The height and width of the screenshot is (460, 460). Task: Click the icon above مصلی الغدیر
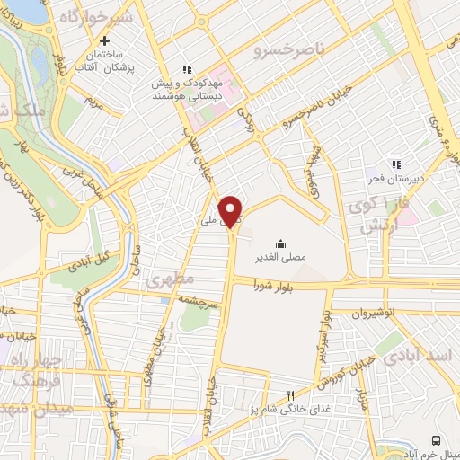[x=280, y=243]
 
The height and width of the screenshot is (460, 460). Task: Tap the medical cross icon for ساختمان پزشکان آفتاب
[x=106, y=40]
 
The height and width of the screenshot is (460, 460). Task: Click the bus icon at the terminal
[x=436, y=440]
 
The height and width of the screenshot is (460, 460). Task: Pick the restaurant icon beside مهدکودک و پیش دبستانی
[x=188, y=69]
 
